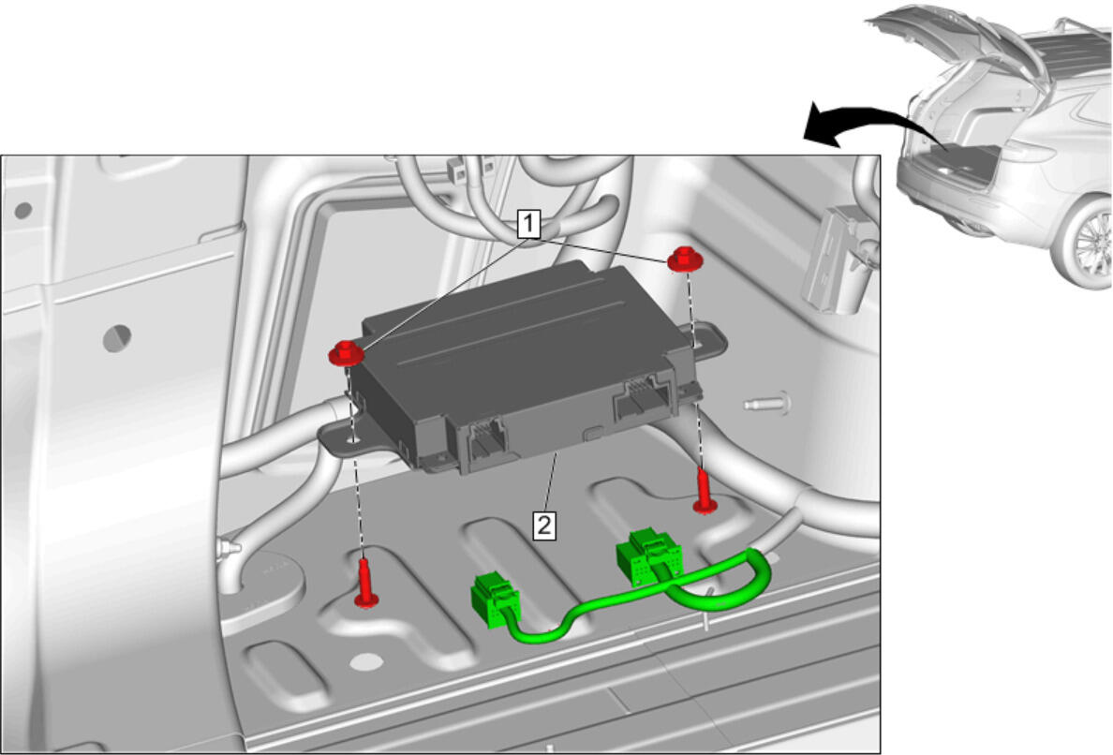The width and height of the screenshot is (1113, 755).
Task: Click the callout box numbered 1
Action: coord(528,224)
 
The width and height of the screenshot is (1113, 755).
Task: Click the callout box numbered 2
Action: coord(544,526)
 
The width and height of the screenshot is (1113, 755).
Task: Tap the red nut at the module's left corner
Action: coord(346,352)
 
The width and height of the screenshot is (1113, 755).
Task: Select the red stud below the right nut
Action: coord(705,490)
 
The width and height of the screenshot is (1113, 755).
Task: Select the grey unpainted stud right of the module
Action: coord(766,404)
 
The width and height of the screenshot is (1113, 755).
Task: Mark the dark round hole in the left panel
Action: coord(117,338)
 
